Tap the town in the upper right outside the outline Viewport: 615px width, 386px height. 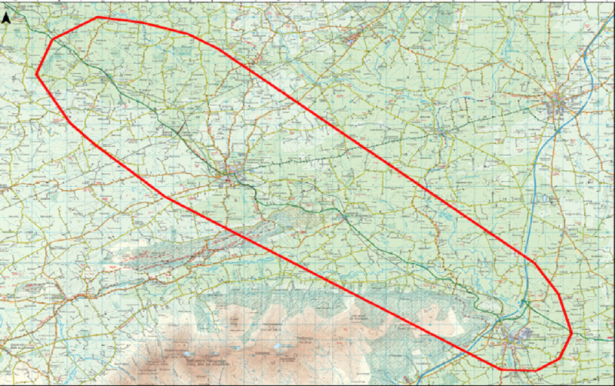560,103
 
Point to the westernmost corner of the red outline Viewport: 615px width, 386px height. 37,74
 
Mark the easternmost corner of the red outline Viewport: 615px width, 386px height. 572,332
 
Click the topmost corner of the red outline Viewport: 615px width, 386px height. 98,17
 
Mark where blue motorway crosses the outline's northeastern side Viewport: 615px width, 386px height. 527,258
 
